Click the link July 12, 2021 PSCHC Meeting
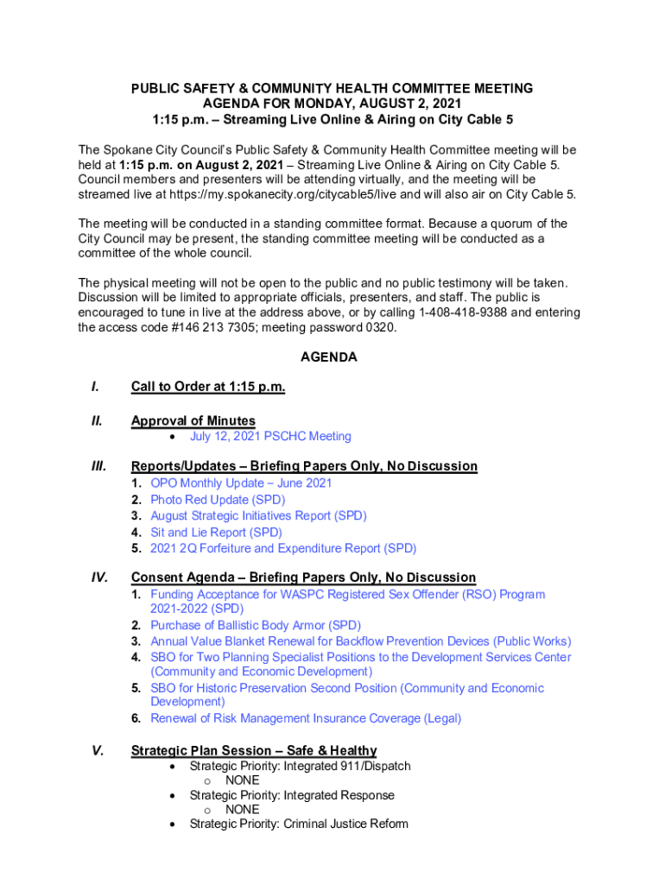pos(270,437)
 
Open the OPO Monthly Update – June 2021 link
pos(241,483)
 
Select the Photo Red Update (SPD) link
pos(218,500)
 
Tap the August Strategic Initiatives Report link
pos(258,516)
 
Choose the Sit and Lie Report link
pos(216,533)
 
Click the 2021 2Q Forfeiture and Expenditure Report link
pos(283,549)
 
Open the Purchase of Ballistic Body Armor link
pos(256,626)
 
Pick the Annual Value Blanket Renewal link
pos(360,641)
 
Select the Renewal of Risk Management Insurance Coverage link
pos(306,719)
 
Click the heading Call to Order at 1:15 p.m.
pos(208,387)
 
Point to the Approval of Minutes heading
pos(193,421)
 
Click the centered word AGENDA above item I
pos(328,357)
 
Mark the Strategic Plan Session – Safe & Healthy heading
pos(254,751)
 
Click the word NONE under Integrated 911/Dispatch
pos(242,780)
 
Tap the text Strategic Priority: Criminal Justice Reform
pos(299,824)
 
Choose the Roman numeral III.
pos(98,466)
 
